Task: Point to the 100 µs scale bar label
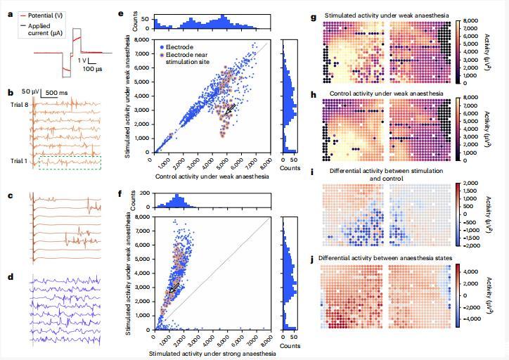tap(90, 70)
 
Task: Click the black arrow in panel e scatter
tap(228, 107)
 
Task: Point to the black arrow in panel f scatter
tap(173, 287)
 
